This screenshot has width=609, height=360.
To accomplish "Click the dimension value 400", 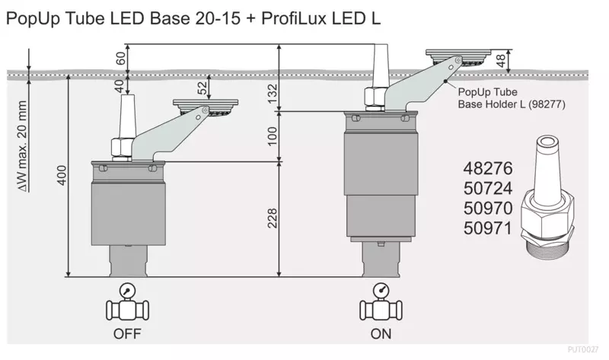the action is pos(62,175).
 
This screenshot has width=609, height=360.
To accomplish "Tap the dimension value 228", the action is pos(273,218).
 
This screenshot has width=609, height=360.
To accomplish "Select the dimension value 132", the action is pos(273,94).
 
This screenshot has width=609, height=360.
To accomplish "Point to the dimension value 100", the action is pos(273,136).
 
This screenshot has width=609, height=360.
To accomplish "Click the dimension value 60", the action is pos(121,59).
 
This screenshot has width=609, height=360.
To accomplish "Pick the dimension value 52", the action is pos(202,88).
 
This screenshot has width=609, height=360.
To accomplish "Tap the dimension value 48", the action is pos(501,60).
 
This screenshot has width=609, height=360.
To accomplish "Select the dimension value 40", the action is pos(121,84).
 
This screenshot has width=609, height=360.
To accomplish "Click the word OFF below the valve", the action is pos(127,333).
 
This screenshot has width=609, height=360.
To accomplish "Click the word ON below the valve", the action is pos(381,333).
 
